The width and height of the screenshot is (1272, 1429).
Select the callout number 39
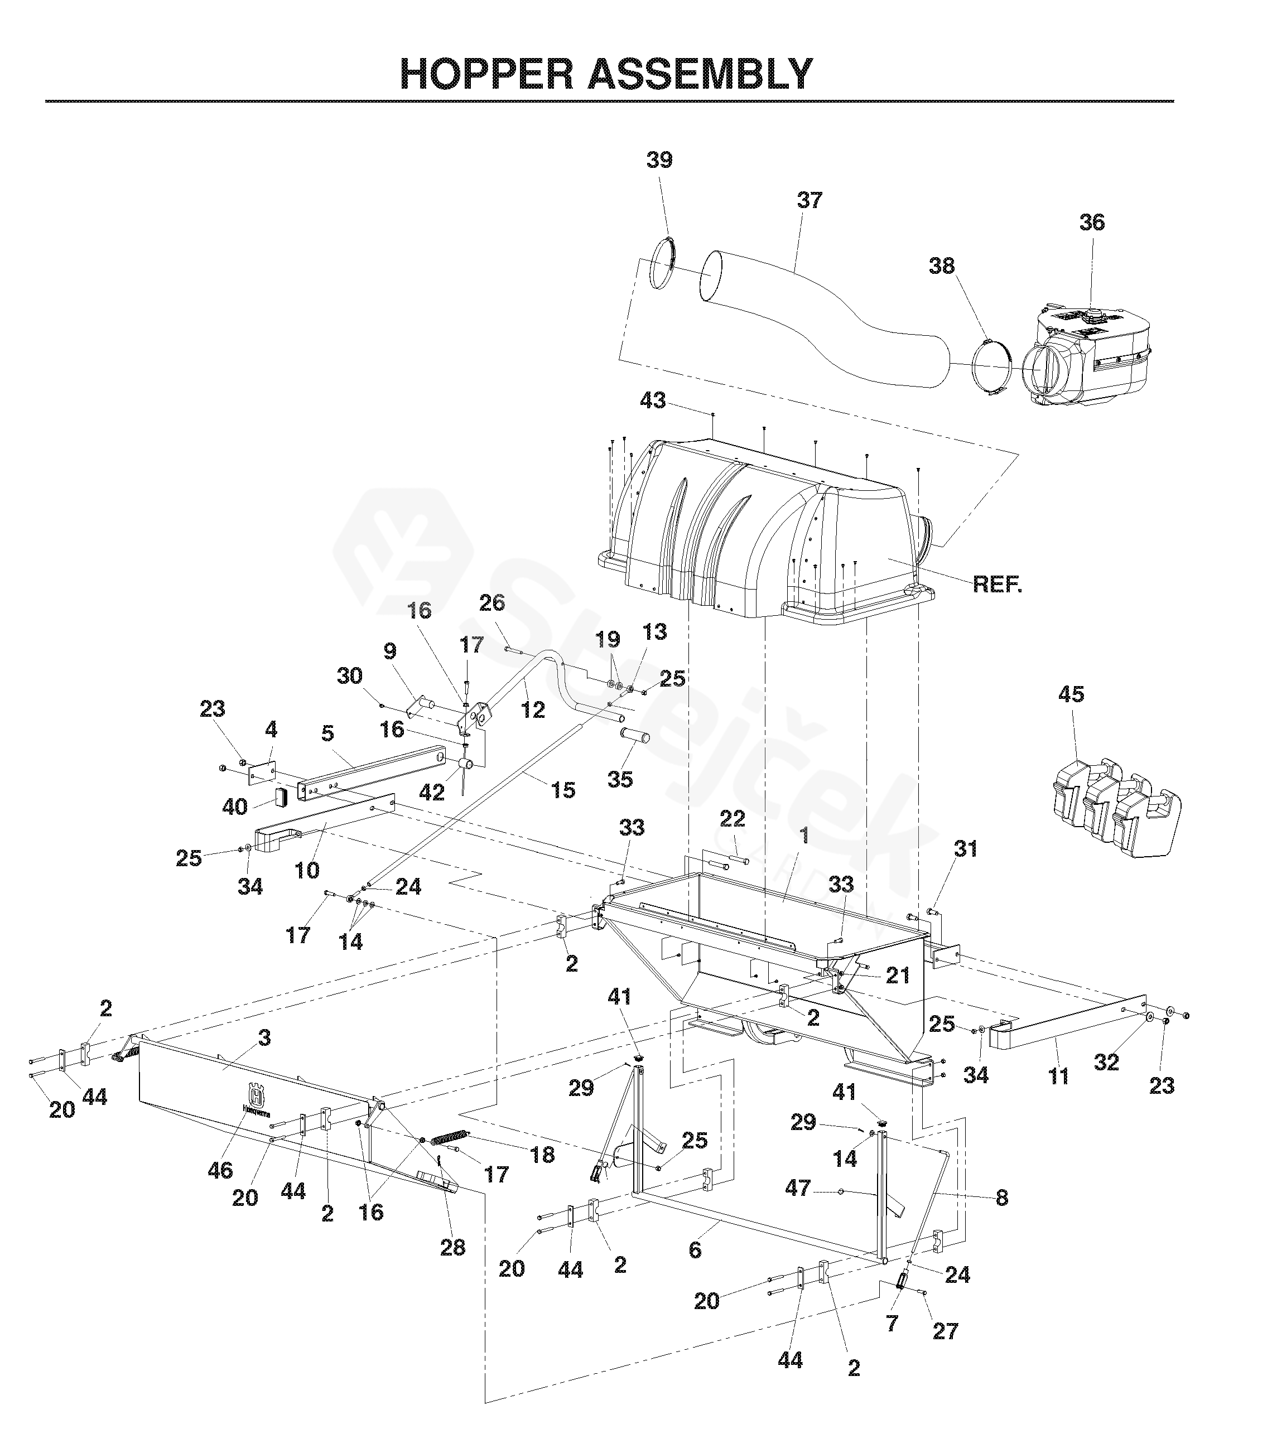pos(659,160)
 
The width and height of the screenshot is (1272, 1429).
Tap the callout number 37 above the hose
pos(810,201)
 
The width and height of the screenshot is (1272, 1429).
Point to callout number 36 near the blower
pos(1092,223)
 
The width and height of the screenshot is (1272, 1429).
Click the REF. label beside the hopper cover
pos(998,585)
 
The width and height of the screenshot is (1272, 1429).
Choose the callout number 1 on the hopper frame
pos(804,836)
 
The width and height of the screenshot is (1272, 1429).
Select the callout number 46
pos(220,1170)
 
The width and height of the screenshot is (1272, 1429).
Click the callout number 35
pos(620,779)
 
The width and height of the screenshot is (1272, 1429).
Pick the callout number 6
pos(695,1250)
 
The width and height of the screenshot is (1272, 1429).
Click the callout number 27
pos(945,1331)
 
